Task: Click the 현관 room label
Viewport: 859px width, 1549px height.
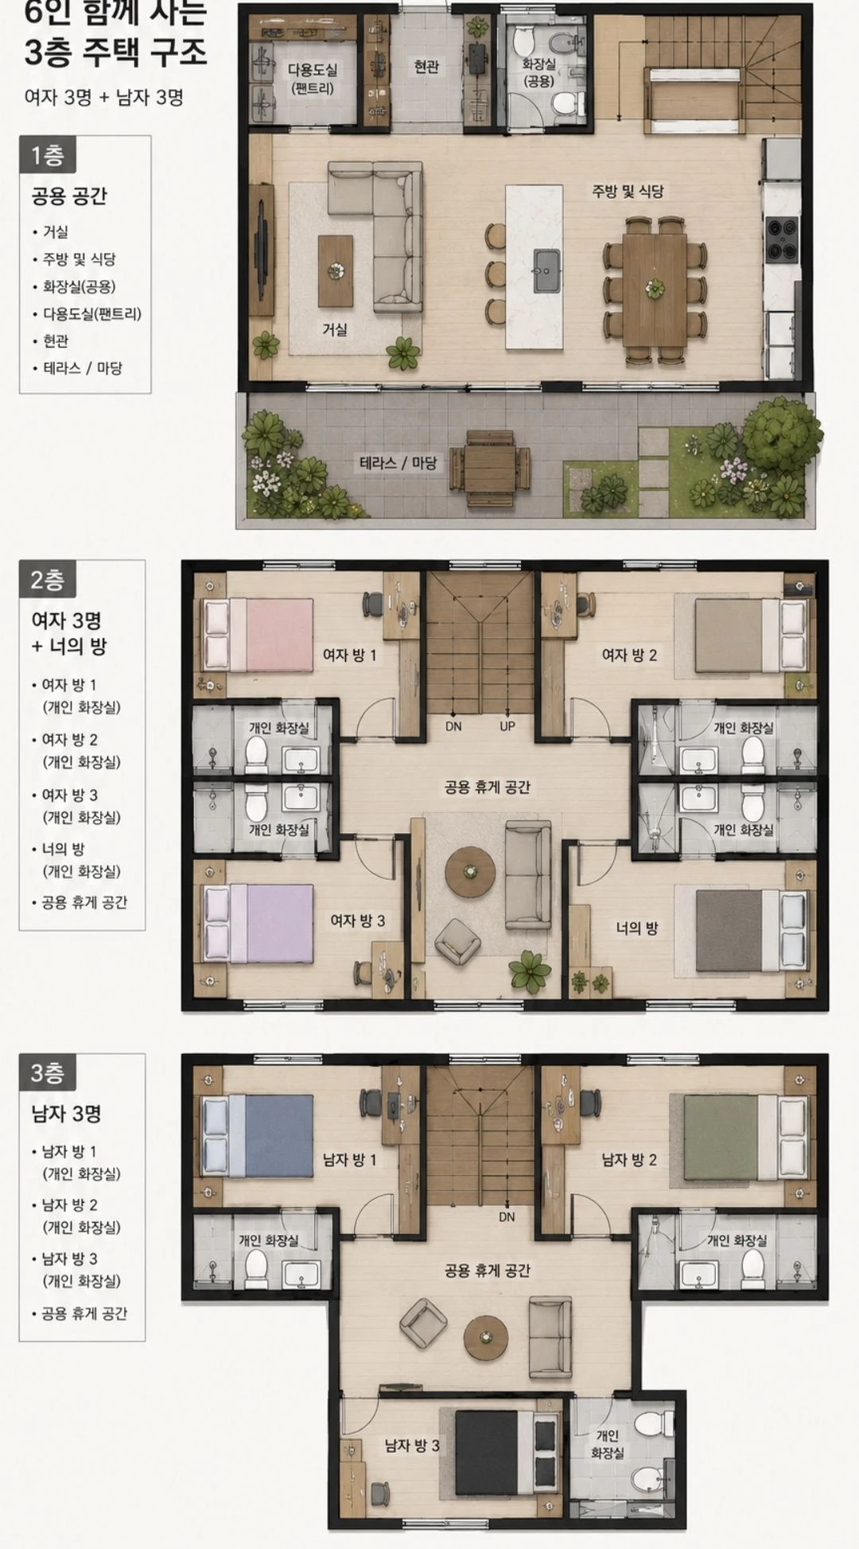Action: [x=426, y=67]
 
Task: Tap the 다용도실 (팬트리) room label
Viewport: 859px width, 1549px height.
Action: [x=312, y=79]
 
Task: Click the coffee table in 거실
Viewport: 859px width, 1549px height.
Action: [x=336, y=270]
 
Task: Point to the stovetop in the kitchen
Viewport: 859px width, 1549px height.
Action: [x=782, y=239]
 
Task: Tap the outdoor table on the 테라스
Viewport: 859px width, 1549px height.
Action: [x=490, y=469]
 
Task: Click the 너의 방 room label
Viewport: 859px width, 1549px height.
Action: [x=637, y=928]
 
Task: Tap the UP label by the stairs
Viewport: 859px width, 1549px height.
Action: [x=507, y=726]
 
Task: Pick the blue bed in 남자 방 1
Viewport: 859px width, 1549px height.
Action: [x=258, y=1135]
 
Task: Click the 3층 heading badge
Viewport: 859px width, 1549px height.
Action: [x=47, y=1073]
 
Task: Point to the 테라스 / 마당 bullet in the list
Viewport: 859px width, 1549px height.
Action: [x=83, y=368]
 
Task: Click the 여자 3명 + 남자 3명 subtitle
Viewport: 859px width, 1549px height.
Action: [x=104, y=97]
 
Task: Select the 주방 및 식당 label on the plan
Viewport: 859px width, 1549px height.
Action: [x=628, y=191]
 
